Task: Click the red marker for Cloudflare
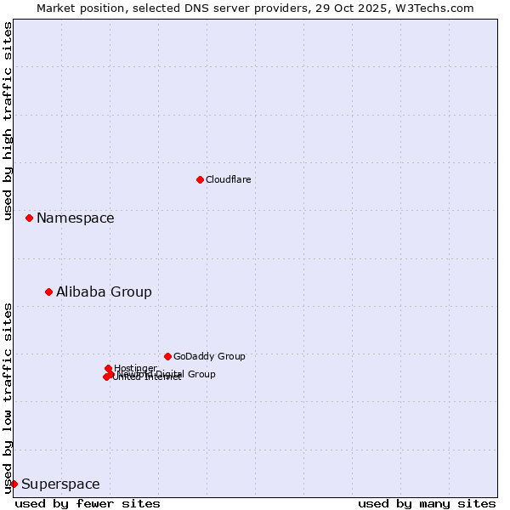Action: coord(200,179)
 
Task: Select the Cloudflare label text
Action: coord(229,179)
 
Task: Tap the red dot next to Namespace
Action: coord(29,218)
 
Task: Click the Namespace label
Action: coord(75,218)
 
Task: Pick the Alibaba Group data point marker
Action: coord(48,292)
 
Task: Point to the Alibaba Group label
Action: coord(104,292)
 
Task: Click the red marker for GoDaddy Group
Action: coord(167,356)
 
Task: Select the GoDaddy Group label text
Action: coord(209,356)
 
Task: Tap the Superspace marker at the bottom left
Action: coord(14,484)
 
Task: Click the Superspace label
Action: coord(60,484)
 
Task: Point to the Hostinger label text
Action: coord(135,368)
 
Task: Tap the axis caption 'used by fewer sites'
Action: coord(88,503)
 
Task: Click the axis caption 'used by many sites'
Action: coord(427,503)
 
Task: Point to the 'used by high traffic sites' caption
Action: coord(8,121)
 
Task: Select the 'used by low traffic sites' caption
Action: coord(8,397)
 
